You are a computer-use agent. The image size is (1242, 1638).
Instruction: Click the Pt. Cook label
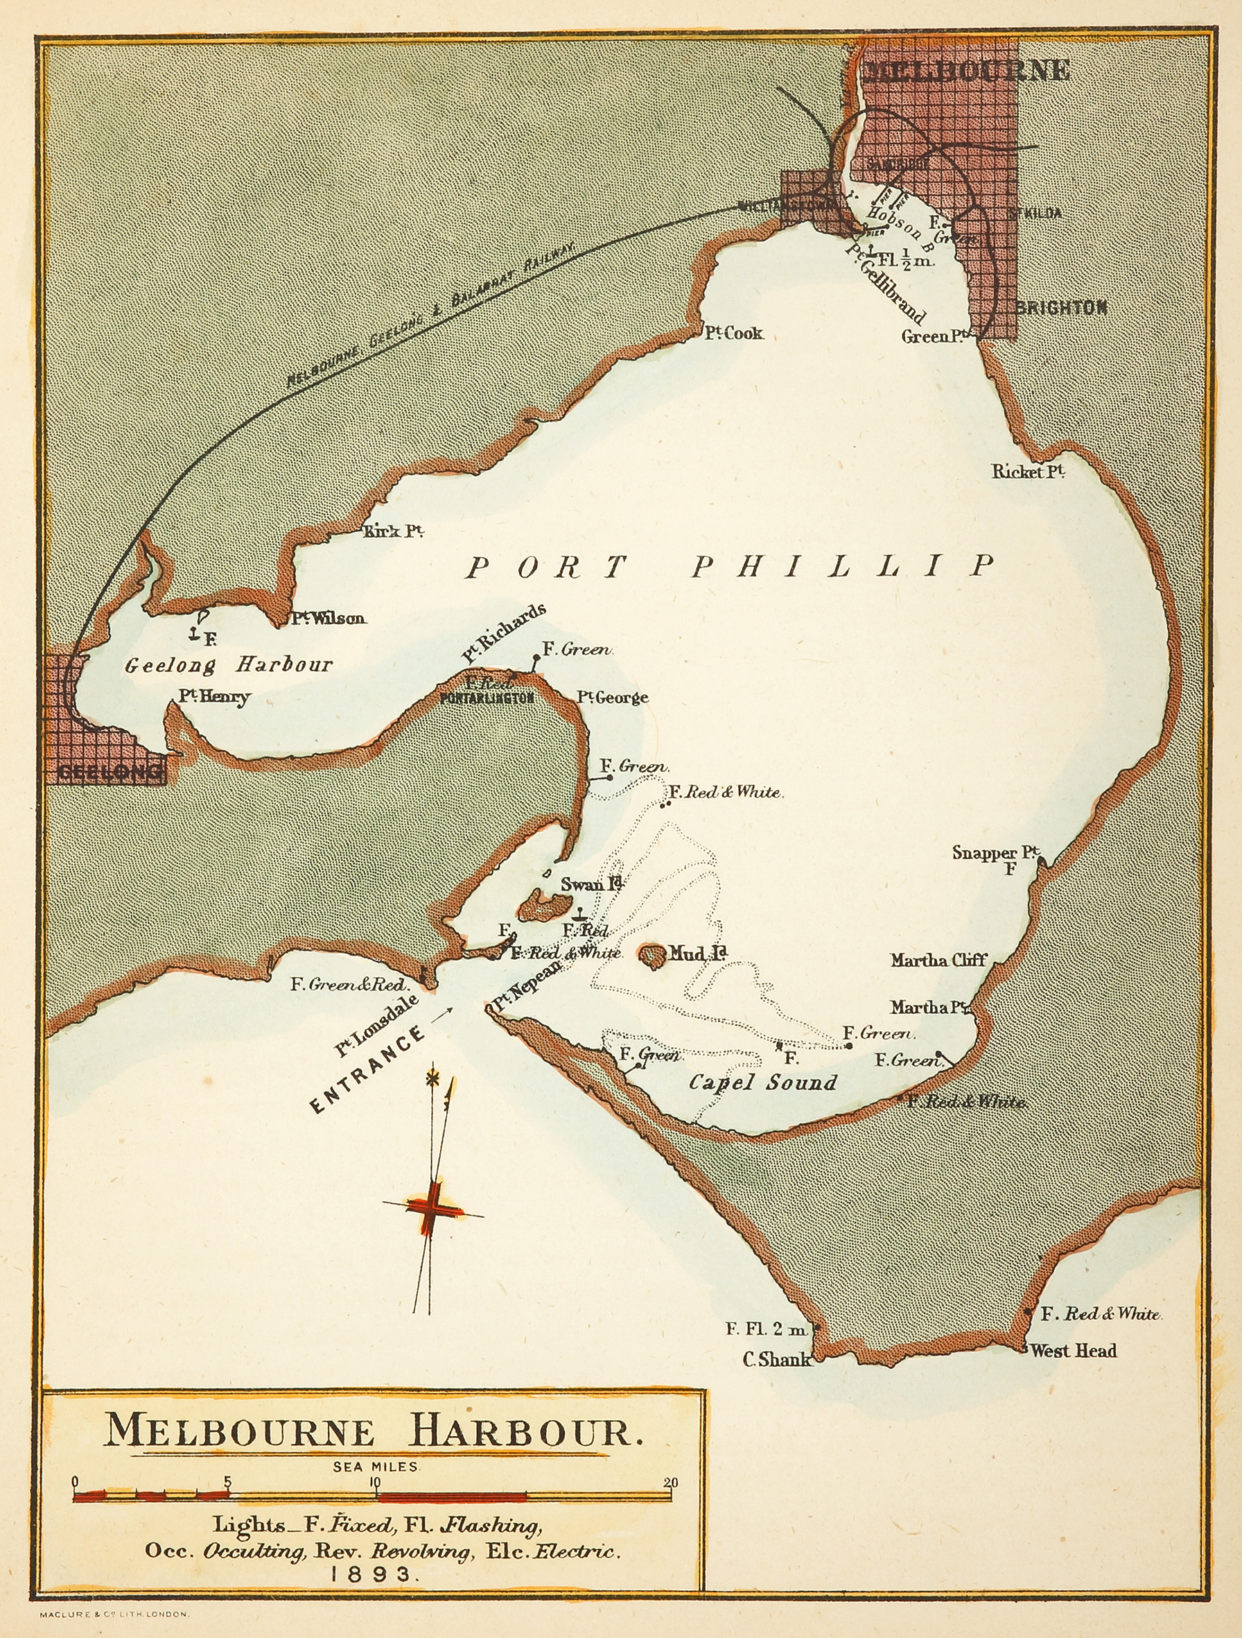[733, 334]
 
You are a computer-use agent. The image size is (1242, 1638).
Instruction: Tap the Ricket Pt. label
[1028, 472]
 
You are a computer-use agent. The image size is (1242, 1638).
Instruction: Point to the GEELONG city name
[110, 773]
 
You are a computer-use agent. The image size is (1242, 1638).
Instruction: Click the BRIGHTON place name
[1060, 308]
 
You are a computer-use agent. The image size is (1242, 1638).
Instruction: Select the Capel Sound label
[762, 1083]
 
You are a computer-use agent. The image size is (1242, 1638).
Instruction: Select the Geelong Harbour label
[228, 664]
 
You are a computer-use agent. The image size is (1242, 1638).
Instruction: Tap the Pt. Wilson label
[328, 619]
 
